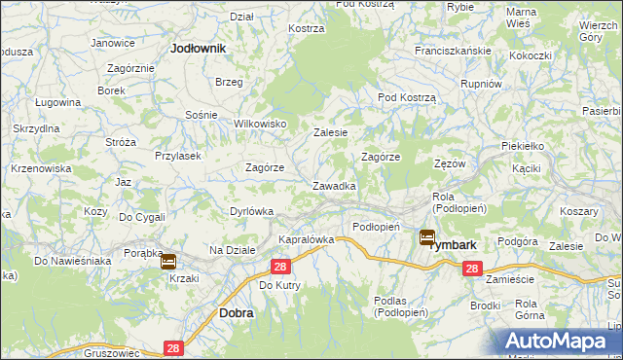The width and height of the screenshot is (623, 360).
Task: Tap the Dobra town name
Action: click(x=237, y=313)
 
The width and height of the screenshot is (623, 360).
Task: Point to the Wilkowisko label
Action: click(x=260, y=124)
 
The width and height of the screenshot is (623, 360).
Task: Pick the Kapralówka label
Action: click(x=307, y=238)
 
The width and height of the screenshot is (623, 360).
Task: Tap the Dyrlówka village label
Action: click(x=253, y=210)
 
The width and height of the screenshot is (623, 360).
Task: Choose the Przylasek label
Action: click(x=177, y=155)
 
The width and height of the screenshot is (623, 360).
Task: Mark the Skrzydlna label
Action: click(x=37, y=128)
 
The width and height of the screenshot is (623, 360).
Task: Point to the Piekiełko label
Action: click(x=521, y=144)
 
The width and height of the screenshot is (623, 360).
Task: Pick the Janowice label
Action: click(x=113, y=43)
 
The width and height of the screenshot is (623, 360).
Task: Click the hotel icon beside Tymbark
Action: click(x=427, y=236)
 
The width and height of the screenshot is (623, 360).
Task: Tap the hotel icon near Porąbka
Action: click(x=167, y=261)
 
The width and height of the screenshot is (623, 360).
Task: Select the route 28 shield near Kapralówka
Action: click(x=280, y=267)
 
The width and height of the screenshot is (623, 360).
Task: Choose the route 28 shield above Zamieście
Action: click(x=472, y=268)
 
